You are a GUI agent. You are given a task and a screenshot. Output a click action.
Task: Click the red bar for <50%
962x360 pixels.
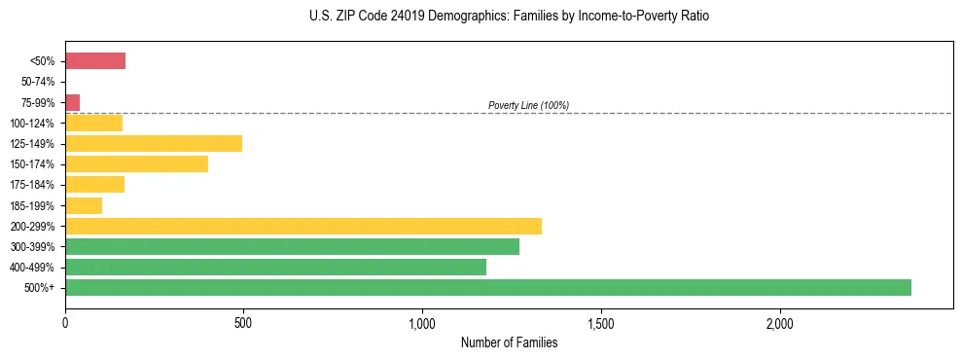(x=95, y=61)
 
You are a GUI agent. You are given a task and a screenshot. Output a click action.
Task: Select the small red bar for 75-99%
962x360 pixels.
(x=73, y=102)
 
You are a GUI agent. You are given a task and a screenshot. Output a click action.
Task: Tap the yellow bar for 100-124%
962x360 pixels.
(x=93, y=123)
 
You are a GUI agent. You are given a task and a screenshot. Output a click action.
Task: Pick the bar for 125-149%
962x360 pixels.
(x=154, y=143)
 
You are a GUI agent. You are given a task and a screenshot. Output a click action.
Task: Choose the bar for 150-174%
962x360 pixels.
(x=136, y=163)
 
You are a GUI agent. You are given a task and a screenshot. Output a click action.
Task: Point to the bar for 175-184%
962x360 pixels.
(x=94, y=184)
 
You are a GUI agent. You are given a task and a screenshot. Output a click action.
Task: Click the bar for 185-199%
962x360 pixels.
(x=84, y=205)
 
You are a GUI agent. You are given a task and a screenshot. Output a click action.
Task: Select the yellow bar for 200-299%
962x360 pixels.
(x=303, y=226)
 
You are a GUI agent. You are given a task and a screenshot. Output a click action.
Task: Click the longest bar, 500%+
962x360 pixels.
(x=488, y=287)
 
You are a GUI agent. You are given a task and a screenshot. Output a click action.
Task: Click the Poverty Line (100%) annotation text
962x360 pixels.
(x=528, y=105)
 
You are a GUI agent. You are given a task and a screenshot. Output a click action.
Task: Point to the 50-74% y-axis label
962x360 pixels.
(x=38, y=82)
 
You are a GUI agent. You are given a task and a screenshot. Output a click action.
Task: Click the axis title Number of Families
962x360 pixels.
(x=509, y=342)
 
